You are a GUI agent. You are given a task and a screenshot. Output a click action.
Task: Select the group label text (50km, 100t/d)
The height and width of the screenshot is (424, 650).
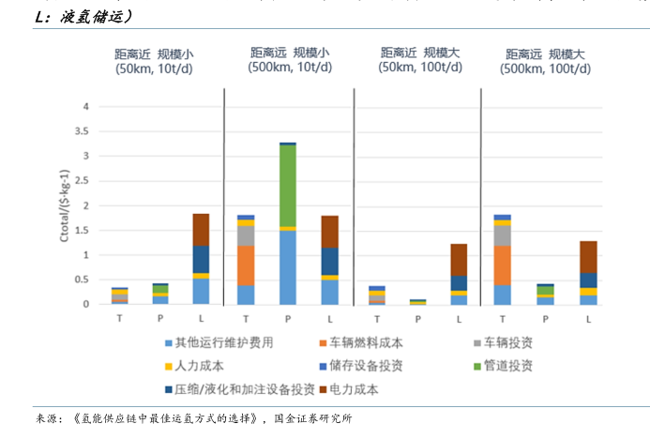pyautogui.click(x=414, y=67)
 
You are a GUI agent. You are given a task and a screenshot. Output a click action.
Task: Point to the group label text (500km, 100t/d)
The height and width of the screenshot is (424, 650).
pyautogui.click(x=541, y=68)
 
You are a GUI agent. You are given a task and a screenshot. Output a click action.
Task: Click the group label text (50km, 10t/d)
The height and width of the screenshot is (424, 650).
pyautogui.click(x=156, y=68)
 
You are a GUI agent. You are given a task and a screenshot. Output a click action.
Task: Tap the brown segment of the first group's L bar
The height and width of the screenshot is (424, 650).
pyautogui.click(x=201, y=229)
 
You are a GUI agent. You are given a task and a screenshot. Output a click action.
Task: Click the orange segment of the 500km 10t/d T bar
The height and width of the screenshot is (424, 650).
pyautogui.click(x=246, y=265)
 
